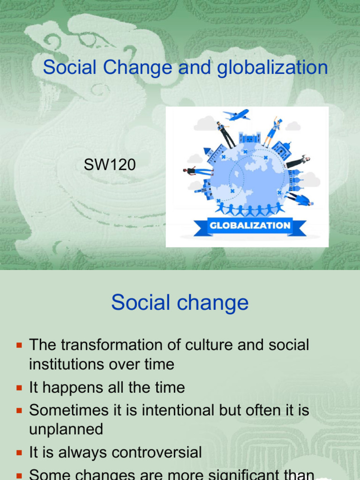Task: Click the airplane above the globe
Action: (236, 115)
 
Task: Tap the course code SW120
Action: (110, 165)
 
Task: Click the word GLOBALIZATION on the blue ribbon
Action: (250, 225)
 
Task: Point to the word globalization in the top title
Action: (271, 67)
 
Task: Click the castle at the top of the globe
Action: (249, 138)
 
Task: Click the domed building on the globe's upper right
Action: (282, 149)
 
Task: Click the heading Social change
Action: (180, 303)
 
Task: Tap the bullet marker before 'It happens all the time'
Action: (19, 388)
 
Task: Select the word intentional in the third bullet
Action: (171, 410)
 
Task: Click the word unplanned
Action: (66, 429)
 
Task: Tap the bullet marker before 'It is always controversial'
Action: (19, 453)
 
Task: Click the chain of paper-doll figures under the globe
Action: (250, 208)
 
